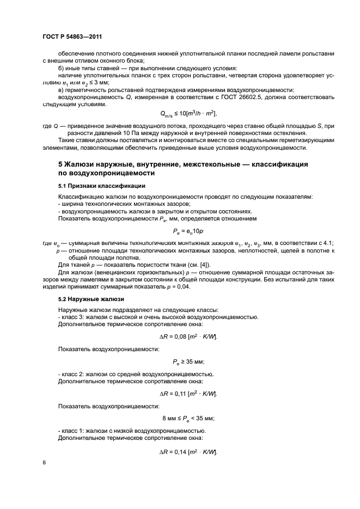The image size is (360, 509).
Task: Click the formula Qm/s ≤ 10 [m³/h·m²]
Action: click(x=188, y=113)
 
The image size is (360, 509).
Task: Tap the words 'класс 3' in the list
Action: click(x=71, y=316)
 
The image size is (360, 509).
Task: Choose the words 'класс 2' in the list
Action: click(x=71, y=373)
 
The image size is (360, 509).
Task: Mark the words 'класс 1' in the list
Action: click(x=71, y=431)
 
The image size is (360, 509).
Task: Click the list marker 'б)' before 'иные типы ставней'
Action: click(x=62, y=68)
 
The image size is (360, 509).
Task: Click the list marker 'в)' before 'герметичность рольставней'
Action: click(x=62, y=89)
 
